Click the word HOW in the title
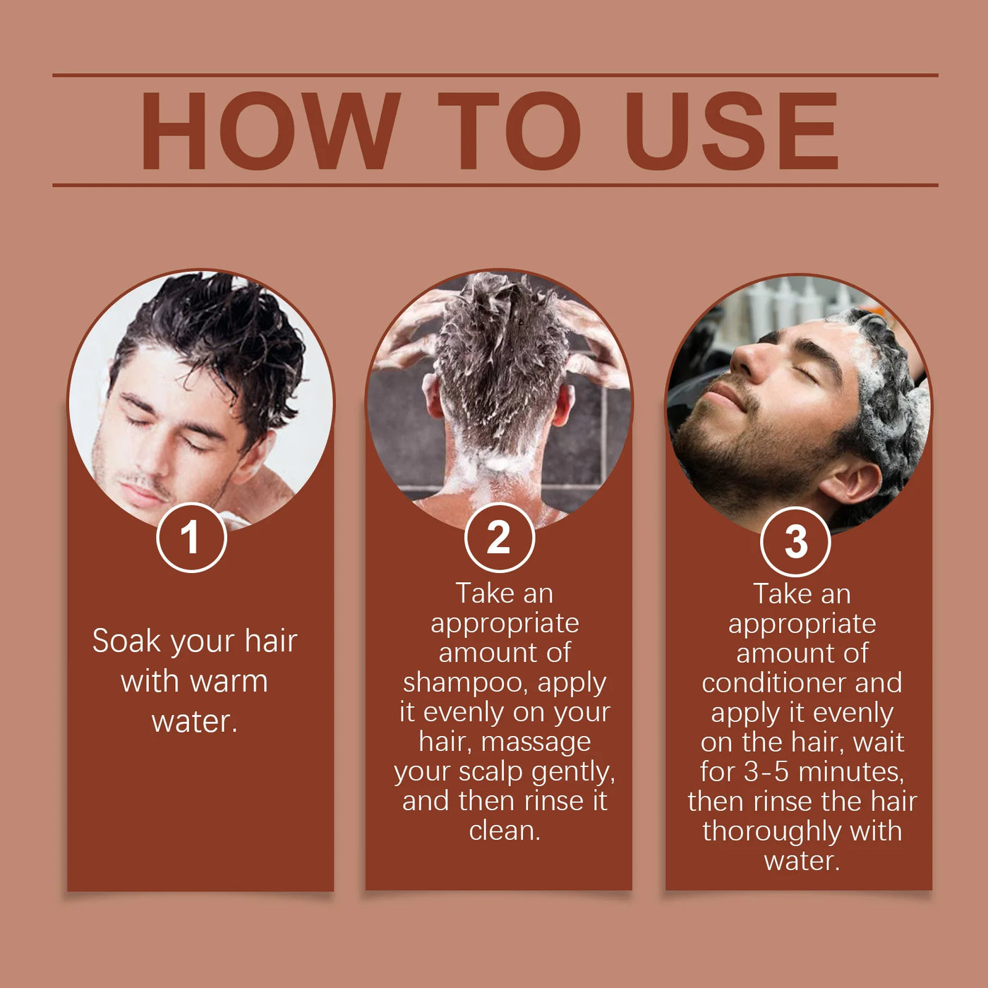(x=270, y=131)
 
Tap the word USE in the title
(x=732, y=131)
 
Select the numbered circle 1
(x=191, y=537)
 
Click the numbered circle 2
(x=500, y=537)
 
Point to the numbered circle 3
(x=795, y=541)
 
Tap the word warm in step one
(x=229, y=682)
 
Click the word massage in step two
(x=536, y=743)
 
